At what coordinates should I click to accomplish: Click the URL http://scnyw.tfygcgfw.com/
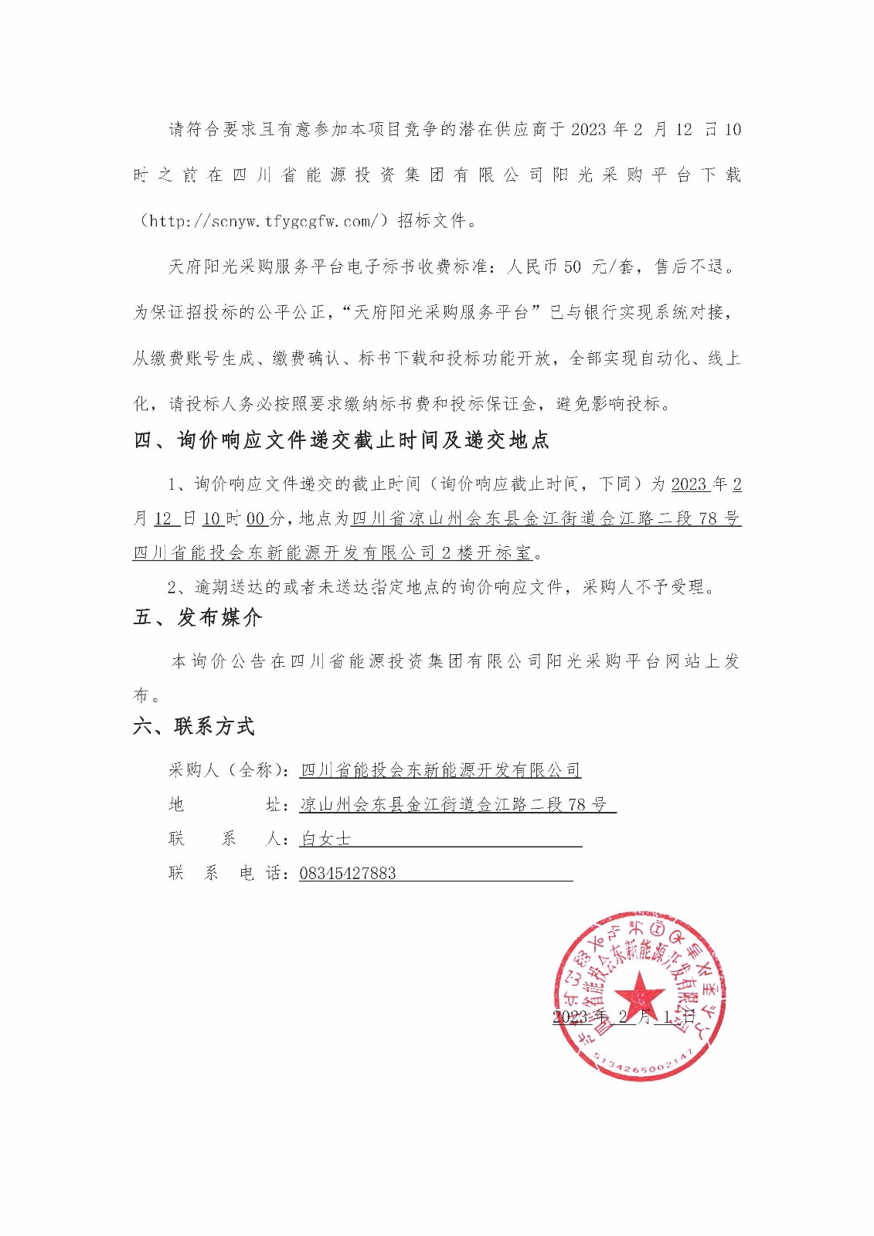click(264, 221)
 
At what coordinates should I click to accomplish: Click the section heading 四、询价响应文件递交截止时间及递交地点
click(341, 440)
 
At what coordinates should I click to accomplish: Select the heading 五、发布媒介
click(198, 617)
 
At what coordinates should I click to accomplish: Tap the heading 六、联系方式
click(194, 726)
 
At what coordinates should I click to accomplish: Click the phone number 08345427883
click(348, 874)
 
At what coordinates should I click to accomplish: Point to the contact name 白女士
click(325, 839)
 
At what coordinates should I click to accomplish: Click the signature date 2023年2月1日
click(624, 1017)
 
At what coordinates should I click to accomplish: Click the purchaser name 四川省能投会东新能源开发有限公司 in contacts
click(440, 769)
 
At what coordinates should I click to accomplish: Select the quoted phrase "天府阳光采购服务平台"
click(440, 312)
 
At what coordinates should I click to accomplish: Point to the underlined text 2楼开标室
click(487, 552)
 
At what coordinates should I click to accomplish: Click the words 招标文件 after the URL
click(431, 221)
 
